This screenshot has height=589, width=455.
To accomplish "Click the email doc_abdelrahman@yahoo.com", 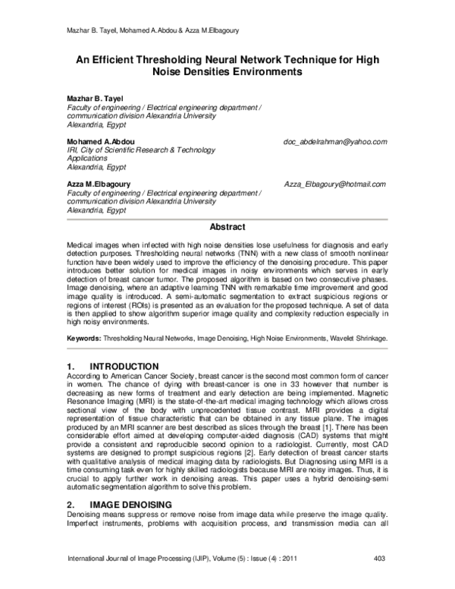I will [334, 142].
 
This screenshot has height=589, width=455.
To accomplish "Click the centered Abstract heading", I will [227, 227].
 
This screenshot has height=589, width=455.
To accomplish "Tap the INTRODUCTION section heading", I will [124, 367].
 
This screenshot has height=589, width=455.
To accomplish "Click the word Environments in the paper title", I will [254, 72].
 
